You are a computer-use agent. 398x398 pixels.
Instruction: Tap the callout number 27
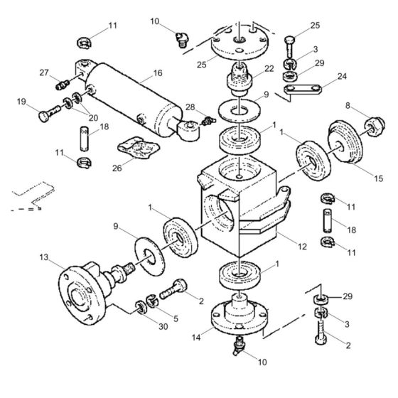(x=44, y=72)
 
